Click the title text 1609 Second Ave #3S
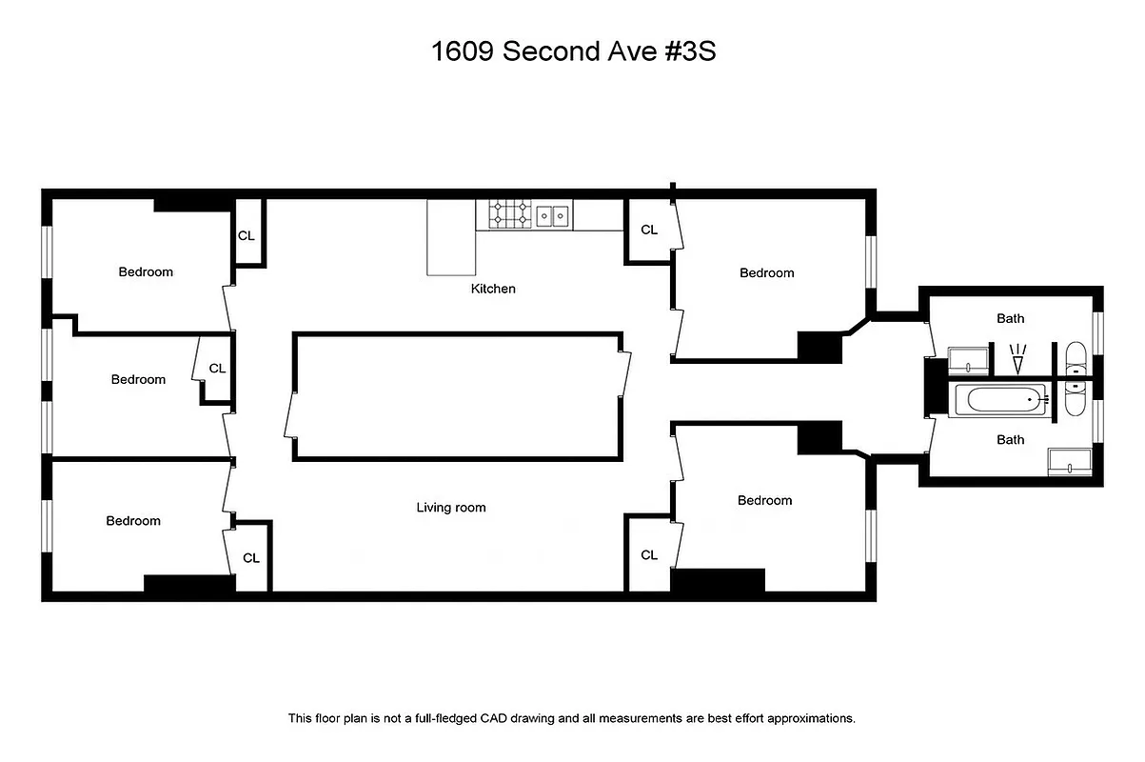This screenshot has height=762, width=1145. coord(573,51)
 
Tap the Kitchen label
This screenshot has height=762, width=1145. coord(493,288)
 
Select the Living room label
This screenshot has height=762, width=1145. coord(451,508)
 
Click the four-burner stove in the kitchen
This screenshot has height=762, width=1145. coord(509,215)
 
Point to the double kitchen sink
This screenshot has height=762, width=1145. coord(552,216)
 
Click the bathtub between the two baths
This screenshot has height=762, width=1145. coord(1001,400)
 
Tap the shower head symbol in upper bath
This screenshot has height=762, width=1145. coord(1017,359)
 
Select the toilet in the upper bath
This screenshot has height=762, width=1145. coord(1076,360)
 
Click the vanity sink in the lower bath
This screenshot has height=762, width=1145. coord(1071,462)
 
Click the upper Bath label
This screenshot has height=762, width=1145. coord(1011,319)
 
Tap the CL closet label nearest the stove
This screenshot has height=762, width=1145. coord(649,230)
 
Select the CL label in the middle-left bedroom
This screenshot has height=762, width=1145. coord(217,369)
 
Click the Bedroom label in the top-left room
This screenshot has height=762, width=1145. coord(146,271)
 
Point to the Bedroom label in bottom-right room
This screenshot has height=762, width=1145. coord(764,500)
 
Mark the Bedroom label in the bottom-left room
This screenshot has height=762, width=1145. coord(133,521)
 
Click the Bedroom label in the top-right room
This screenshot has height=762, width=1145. coord(766,272)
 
